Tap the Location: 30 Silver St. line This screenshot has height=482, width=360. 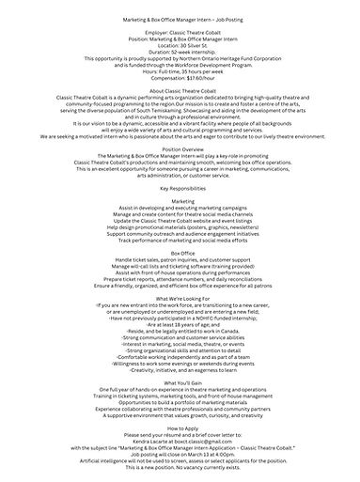[180, 44]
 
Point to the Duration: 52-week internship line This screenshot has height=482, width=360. [180, 51]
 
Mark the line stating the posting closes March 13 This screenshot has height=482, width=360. [180, 460]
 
